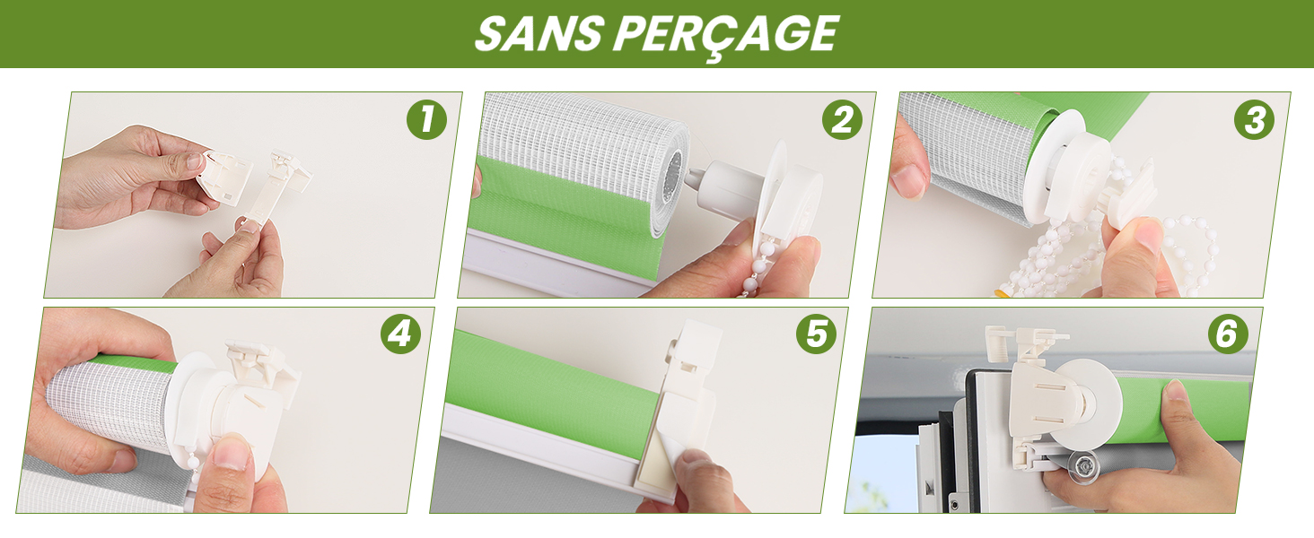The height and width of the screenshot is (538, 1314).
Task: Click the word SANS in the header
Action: pos(539,33)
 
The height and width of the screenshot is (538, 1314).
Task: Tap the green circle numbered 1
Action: pos(426,119)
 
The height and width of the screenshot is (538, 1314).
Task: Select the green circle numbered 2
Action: pos(842,119)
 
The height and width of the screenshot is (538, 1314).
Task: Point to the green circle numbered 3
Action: pos(1255,119)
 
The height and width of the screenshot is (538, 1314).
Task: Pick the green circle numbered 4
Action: pos(400,334)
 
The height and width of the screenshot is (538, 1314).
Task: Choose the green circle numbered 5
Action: pos(816,334)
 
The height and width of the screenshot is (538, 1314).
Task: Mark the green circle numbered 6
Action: pos(1228,334)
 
